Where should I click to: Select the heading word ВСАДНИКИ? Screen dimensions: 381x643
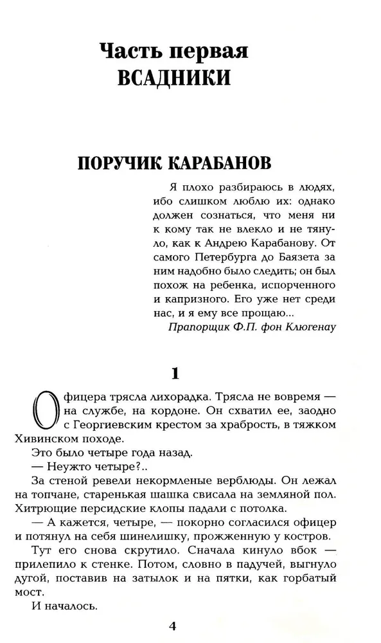(174, 78)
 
